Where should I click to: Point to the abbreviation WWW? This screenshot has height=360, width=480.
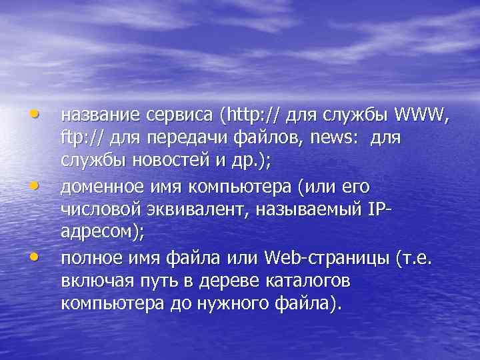point(422,116)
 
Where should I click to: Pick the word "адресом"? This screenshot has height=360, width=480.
point(94,230)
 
